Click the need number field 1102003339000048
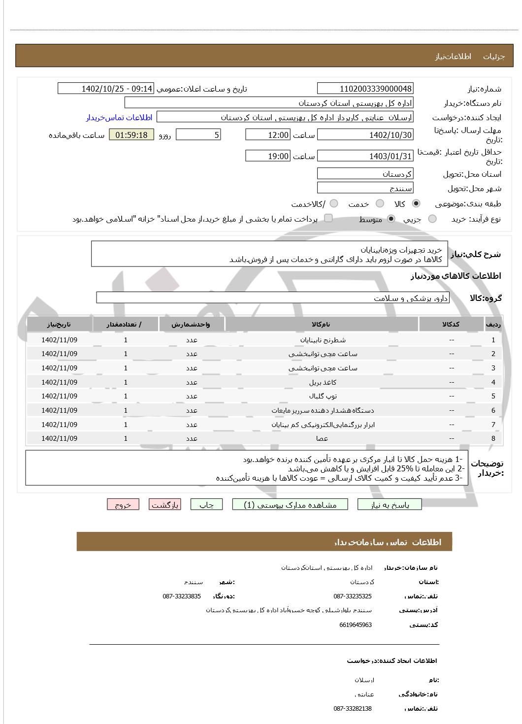365,89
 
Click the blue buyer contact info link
119,117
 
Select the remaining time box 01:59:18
131,135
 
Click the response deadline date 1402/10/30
365,135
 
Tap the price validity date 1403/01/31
365,156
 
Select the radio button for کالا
416,203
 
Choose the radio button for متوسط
391,219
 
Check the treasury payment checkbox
328,218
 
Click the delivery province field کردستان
365,174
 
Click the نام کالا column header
321,324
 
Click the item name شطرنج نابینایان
323,340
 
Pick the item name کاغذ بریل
323,382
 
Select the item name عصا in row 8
322,438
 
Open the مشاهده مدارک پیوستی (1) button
290,505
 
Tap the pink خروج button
123,505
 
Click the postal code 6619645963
355,625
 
